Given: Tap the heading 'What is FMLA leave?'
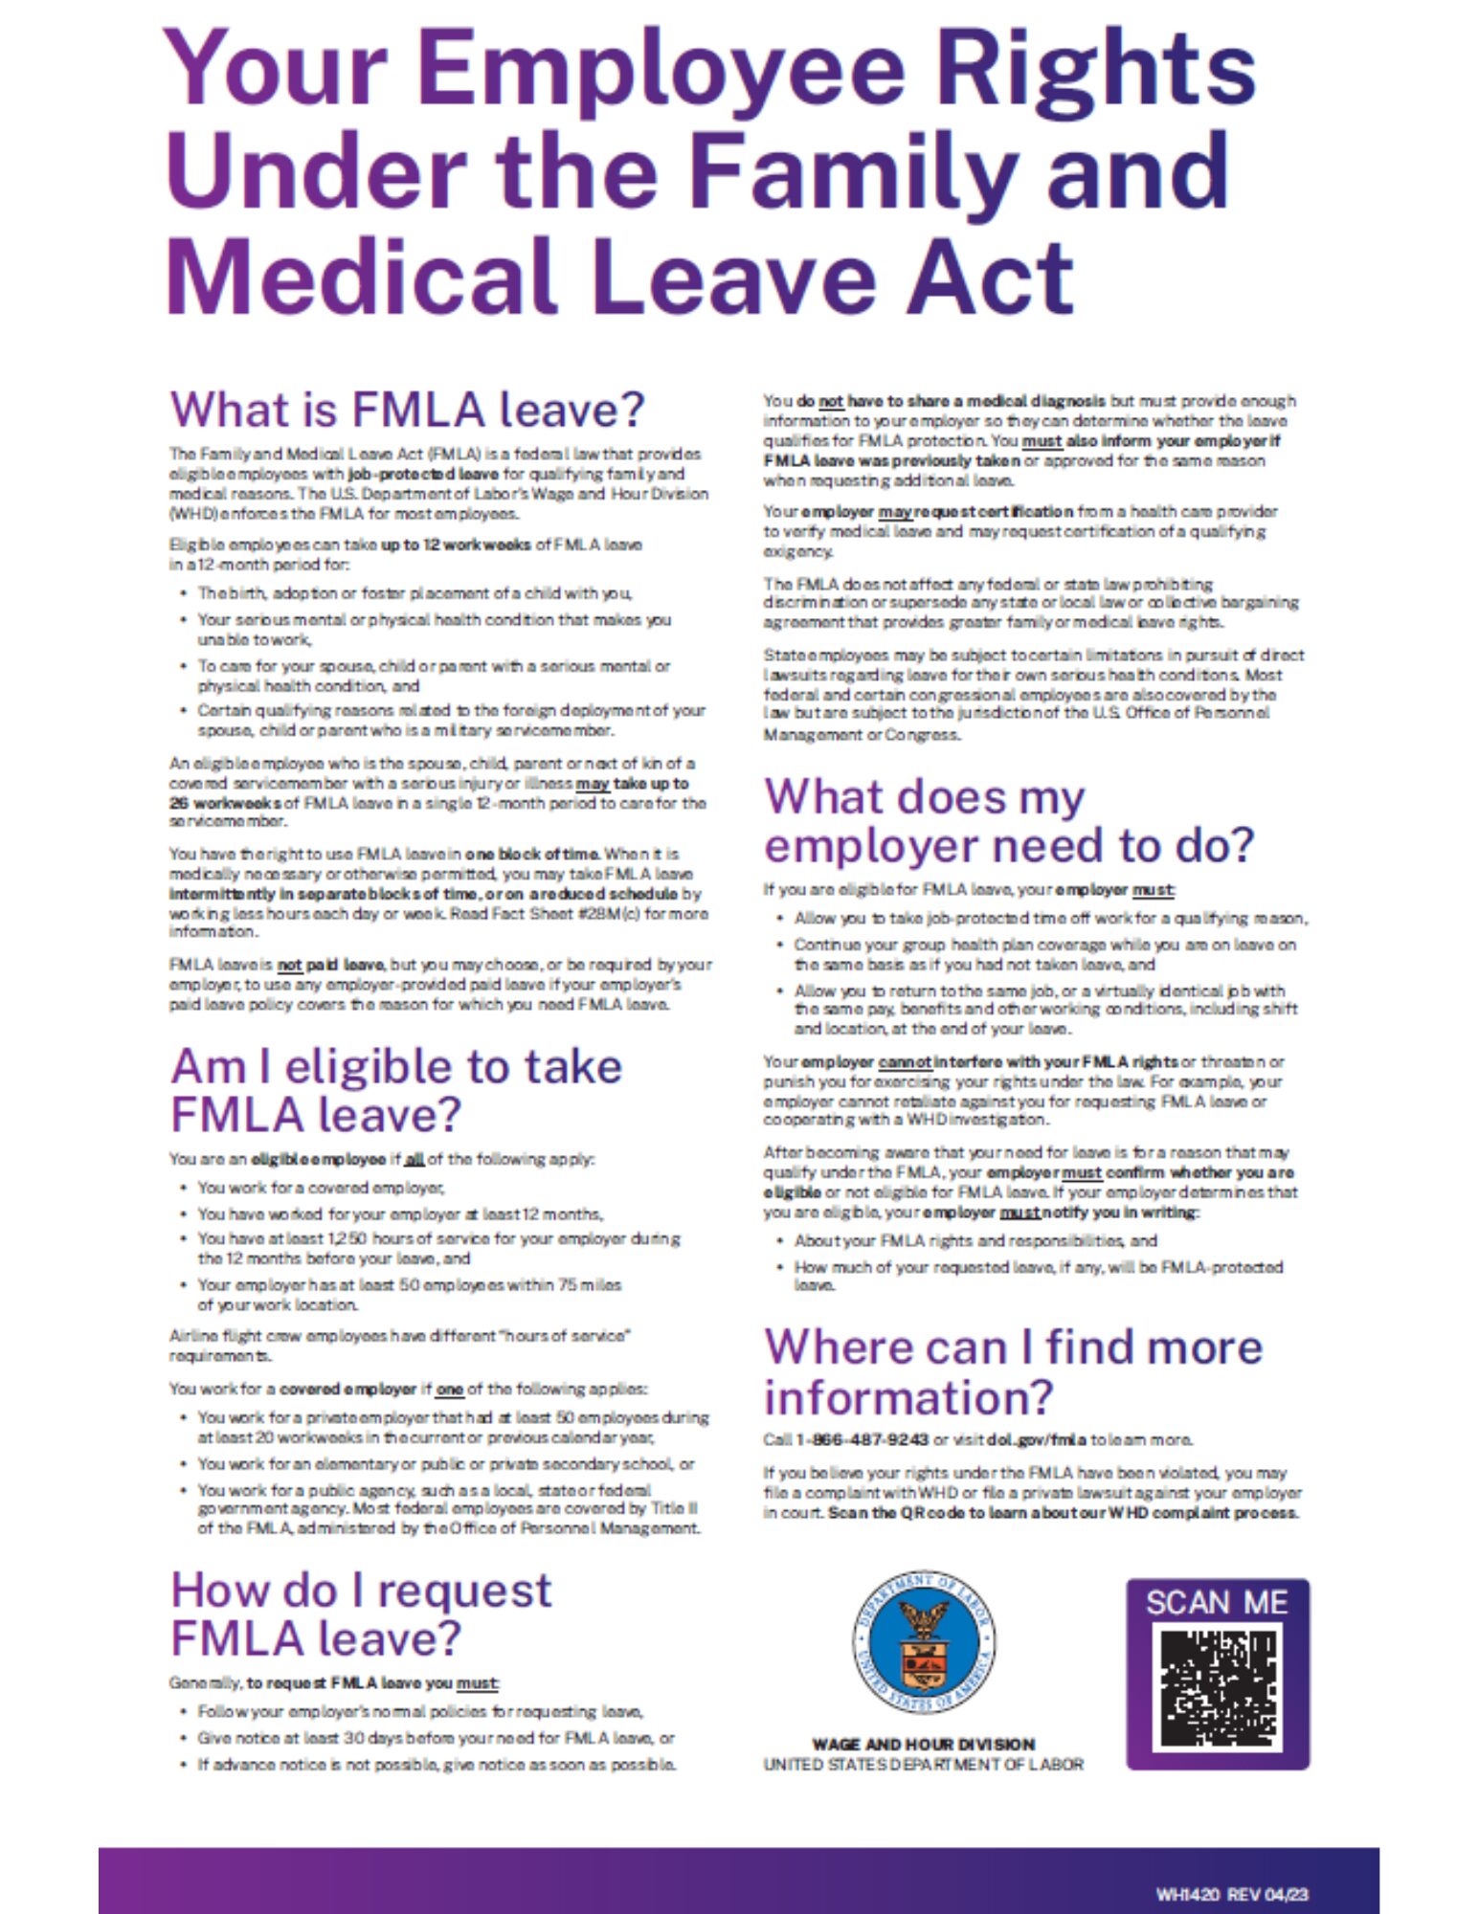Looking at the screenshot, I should click(407, 410).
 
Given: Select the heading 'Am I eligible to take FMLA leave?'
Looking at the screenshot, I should click(396, 1090).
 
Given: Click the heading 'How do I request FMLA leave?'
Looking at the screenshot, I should click(361, 1614).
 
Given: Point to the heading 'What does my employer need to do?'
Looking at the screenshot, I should click(1008, 820).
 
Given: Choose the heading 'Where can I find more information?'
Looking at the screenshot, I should click(1013, 1370).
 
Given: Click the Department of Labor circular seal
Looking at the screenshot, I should click(924, 1642).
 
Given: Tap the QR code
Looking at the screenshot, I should click(1217, 1688).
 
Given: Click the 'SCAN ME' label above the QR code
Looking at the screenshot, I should click(1217, 1602).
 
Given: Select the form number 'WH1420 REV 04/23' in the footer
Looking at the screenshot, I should click(1231, 1894).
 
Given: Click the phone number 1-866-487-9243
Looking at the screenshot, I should click(862, 1439).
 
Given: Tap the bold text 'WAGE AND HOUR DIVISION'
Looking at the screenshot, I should click(923, 1744).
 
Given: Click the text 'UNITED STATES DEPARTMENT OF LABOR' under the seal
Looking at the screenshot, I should click(923, 1764).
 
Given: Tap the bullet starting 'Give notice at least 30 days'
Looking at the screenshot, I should click(436, 1737).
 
